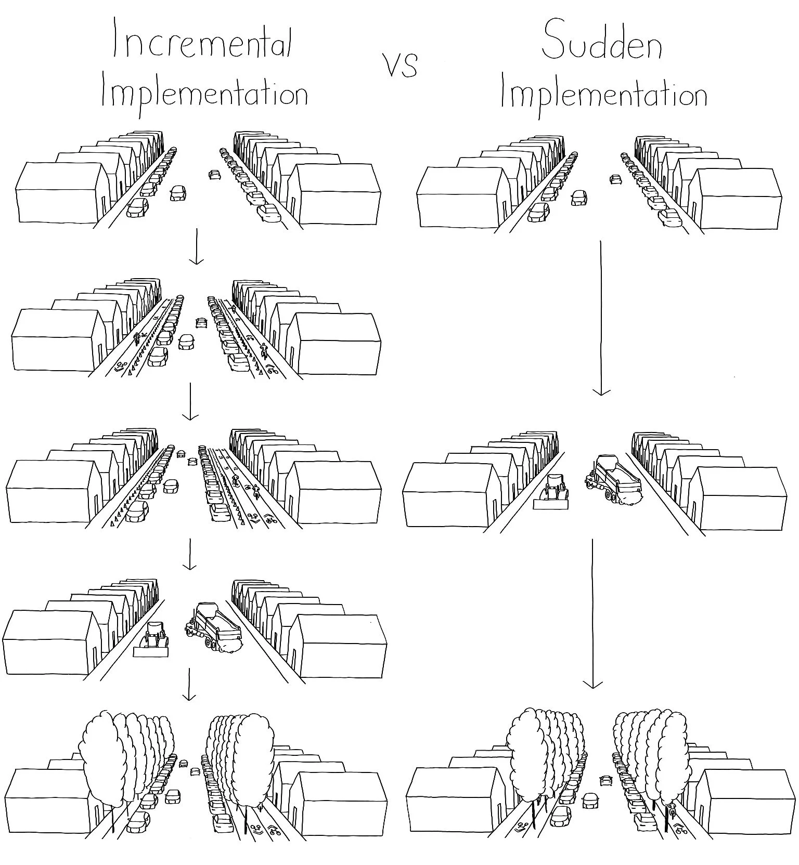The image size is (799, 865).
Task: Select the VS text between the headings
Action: pyautogui.click(x=401, y=65)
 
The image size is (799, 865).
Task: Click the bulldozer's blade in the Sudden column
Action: pyautogui.click(x=551, y=503)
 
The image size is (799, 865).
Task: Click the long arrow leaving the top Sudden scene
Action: pyautogui.click(x=601, y=317)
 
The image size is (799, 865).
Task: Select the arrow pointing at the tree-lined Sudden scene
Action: pyautogui.click(x=592, y=613)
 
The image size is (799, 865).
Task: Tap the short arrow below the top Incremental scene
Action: pyautogui.click(x=196, y=247)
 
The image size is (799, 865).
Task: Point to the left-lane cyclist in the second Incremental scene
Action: pyautogui.click(x=137, y=338)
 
